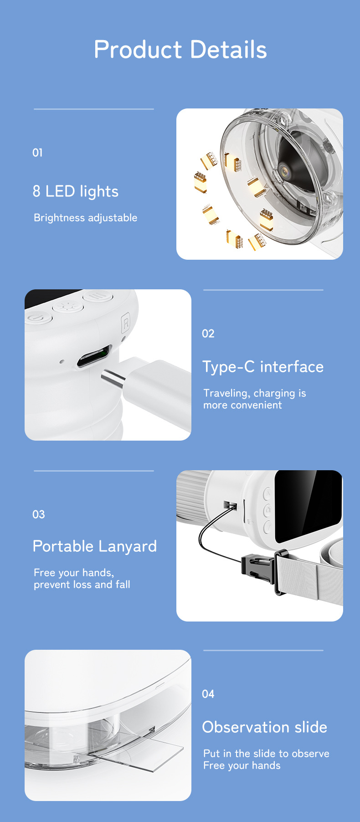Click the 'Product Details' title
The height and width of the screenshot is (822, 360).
point(180,50)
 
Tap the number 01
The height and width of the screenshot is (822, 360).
point(37,153)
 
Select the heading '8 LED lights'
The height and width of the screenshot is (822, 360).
point(76,191)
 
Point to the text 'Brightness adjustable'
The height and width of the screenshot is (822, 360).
point(85,218)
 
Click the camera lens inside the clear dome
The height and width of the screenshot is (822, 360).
point(286,171)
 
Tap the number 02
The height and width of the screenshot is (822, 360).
point(208,334)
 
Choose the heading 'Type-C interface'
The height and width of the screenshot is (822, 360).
point(263,367)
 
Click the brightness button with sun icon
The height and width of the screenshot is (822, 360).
point(68,306)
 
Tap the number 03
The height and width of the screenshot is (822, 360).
point(39,514)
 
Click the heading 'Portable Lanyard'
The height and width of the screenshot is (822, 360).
point(95,546)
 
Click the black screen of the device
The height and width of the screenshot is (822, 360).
point(309,506)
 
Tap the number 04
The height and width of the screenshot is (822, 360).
point(208,694)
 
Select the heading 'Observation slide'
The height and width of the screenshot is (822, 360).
point(265,727)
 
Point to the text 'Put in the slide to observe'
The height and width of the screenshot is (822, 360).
point(266,753)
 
